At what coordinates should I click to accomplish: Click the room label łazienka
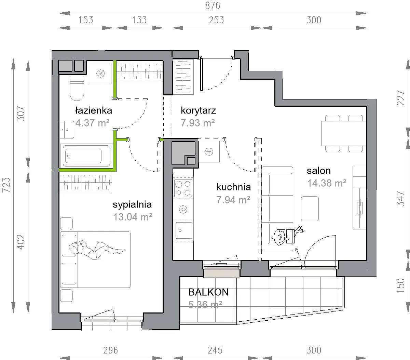(x=94, y=110)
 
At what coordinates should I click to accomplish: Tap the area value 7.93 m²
(x=198, y=123)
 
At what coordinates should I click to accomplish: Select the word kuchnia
(x=234, y=187)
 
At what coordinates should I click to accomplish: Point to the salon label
(x=319, y=171)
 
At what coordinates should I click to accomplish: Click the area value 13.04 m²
(x=133, y=217)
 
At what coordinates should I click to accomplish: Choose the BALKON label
(x=208, y=292)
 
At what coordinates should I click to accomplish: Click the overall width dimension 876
(x=213, y=6)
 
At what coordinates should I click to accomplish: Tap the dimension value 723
(x=6, y=185)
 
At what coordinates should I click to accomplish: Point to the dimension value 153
(x=86, y=20)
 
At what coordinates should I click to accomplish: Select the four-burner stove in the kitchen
(x=183, y=188)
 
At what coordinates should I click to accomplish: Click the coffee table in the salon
(x=310, y=209)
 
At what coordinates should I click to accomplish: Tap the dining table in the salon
(x=344, y=133)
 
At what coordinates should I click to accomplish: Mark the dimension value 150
(x=401, y=285)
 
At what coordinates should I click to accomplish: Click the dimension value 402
(x=21, y=242)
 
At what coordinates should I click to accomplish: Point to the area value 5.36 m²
(x=205, y=305)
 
